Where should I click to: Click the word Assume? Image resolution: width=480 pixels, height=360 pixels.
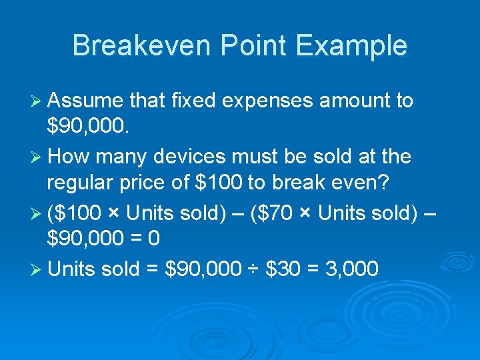(85, 101)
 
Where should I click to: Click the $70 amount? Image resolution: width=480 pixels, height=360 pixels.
(288, 213)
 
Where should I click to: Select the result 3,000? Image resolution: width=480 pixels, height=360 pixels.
(351, 269)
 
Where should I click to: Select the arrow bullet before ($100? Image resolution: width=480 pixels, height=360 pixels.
(37, 214)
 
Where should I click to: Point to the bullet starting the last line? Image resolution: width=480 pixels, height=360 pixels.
(37, 270)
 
